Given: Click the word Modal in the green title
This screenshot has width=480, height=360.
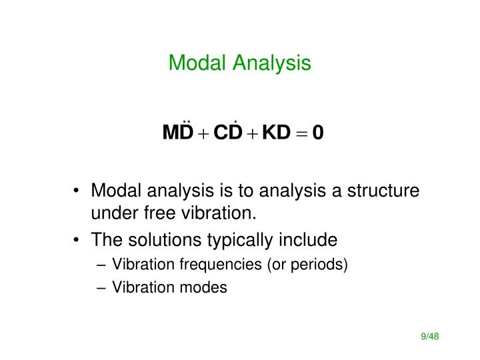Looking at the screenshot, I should (193, 63).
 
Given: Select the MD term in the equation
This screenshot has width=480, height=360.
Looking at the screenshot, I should (177, 133).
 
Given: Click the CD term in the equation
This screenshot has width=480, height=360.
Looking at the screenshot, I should (229, 133).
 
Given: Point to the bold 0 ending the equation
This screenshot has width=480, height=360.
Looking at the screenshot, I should (318, 133).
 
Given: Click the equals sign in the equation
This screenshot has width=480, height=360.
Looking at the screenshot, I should (301, 134).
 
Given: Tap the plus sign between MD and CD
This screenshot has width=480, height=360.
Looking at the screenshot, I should (203, 134).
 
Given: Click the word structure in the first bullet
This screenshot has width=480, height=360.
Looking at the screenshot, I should (384, 192).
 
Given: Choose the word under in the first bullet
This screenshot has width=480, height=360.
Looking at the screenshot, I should (112, 213).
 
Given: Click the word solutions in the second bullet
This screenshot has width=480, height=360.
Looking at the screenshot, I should (159, 239).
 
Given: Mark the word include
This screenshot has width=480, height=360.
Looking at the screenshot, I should (312, 239).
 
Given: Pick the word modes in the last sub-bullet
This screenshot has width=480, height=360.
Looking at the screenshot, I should (207, 287).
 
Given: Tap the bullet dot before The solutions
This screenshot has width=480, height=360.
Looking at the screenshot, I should (79, 239).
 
